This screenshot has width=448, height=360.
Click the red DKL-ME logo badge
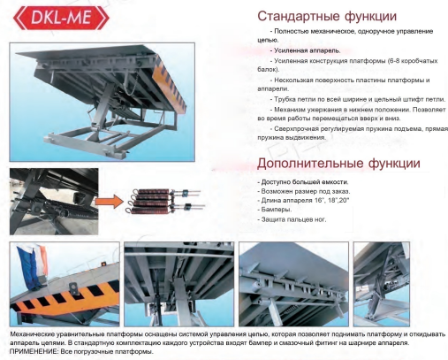point(61,18)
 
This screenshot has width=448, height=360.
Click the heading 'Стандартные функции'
point(327,16)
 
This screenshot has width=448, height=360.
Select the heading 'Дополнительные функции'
point(338,163)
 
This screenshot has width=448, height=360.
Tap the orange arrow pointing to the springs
point(109,202)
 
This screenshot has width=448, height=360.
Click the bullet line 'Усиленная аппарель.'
point(305,50)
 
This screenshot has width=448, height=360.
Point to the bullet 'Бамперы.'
point(275,210)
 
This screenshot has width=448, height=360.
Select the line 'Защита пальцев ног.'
point(292,219)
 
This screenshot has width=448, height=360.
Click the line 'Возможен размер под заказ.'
point(304,191)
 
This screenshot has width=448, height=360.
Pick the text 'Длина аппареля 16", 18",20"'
point(303,201)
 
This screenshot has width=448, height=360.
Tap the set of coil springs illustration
point(165,201)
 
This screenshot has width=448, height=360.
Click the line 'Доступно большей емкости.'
point(303,182)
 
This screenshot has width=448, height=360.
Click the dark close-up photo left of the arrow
point(54,202)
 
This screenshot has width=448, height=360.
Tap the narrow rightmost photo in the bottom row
point(381,284)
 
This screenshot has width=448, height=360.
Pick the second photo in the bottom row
point(178,284)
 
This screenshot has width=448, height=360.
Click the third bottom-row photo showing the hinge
point(293,284)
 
